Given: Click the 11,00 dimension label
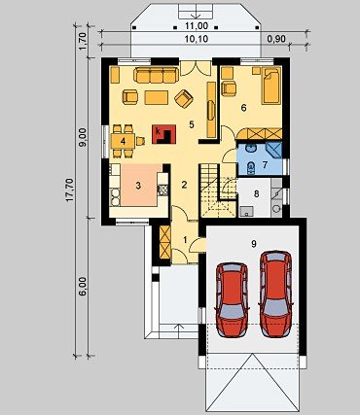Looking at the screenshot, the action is [x=197, y=26].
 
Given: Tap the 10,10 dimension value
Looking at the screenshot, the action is [x=197, y=39].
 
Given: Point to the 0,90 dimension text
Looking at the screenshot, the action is [x=276, y=39].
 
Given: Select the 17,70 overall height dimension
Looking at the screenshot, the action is [x=70, y=190].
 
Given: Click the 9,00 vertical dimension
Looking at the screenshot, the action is [x=84, y=138].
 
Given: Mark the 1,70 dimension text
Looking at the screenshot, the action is [x=83, y=41].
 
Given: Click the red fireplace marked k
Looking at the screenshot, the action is [x=164, y=134].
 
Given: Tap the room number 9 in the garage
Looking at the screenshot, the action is [x=254, y=244].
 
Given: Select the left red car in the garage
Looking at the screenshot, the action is [x=232, y=299].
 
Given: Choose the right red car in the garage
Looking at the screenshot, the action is [x=276, y=294].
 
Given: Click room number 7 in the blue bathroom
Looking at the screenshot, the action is [x=265, y=165].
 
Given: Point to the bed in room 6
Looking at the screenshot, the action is [x=271, y=86].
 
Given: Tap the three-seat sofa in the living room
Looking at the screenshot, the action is [x=156, y=75].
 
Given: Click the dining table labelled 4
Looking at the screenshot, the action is [x=123, y=141].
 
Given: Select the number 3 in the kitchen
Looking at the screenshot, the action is [x=138, y=186].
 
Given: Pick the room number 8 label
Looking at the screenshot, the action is [x=257, y=194].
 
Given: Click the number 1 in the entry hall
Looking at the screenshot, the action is [x=185, y=240].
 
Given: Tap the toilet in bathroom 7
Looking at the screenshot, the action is [x=250, y=167].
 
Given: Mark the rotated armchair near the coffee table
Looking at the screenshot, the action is [x=184, y=98].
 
